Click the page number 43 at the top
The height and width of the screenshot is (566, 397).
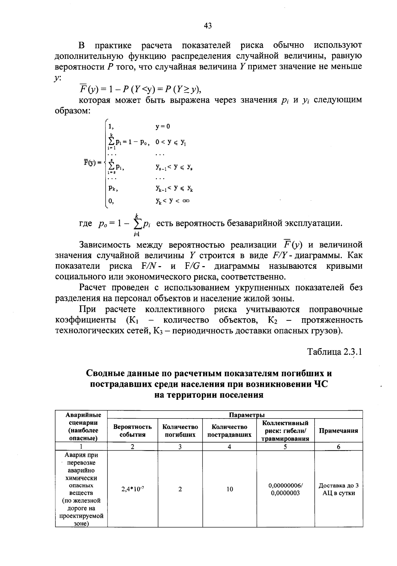pyautogui.click(x=208, y=26)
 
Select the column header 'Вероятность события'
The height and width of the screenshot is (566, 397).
pyautogui.click(x=133, y=431)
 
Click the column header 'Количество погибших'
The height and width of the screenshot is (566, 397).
pyautogui.click(x=180, y=431)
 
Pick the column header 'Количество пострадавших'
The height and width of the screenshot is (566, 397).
pyautogui.click(x=229, y=431)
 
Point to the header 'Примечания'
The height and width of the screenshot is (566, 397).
pyautogui.click(x=338, y=431)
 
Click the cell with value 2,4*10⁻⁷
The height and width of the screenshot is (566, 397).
pyautogui.click(x=133, y=489)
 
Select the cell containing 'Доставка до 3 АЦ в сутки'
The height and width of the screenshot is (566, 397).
pyautogui.click(x=338, y=489)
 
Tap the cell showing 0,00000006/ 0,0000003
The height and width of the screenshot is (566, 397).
pyautogui.click(x=285, y=489)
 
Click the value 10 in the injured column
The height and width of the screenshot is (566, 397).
pyautogui.click(x=230, y=489)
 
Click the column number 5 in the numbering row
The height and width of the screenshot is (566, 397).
pyautogui.click(x=285, y=447)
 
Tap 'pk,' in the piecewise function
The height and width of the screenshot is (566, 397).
pyautogui.click(x=113, y=189)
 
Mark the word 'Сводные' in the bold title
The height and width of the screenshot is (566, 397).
pyautogui.click(x=106, y=374)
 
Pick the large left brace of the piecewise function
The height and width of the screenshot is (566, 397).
pyautogui.click(x=105, y=163)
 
